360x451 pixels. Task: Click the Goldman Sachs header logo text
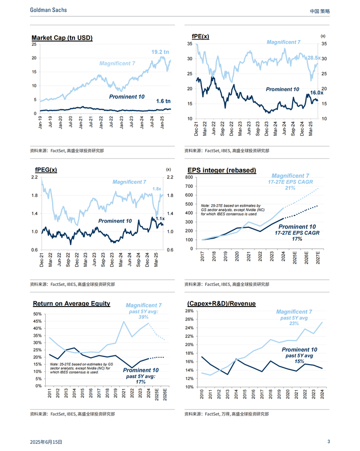(x=48, y=10)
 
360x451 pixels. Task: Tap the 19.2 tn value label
(x=160, y=52)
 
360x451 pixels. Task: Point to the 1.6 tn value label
(x=163, y=101)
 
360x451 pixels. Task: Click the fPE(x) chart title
(x=201, y=37)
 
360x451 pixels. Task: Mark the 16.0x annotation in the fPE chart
(x=317, y=93)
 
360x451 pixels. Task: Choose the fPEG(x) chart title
(x=46, y=170)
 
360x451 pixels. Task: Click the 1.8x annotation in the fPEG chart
(x=157, y=189)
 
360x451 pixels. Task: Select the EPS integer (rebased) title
(x=222, y=170)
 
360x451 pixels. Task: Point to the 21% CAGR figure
(x=291, y=188)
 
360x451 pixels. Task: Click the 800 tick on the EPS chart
(x=189, y=177)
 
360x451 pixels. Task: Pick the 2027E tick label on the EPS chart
(x=319, y=258)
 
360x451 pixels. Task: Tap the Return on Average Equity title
(x=71, y=303)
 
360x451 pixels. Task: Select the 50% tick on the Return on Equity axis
(x=37, y=314)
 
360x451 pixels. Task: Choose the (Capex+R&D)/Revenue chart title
(x=221, y=304)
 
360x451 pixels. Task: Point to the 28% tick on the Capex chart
(x=189, y=311)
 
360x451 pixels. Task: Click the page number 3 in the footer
(x=329, y=442)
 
